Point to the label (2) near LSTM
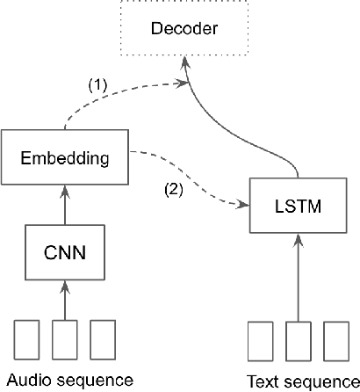pyautogui.click(x=173, y=187)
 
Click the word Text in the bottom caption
pyautogui.click(x=262, y=381)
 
